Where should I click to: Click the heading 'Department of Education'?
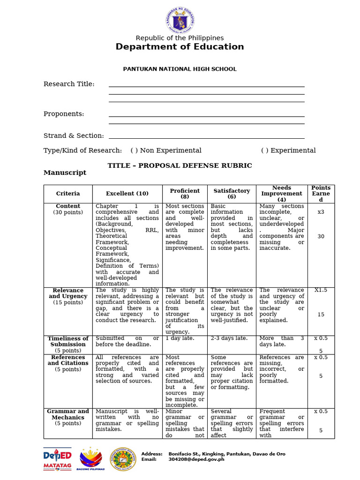click(180, 47)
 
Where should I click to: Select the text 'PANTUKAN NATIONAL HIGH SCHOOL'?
click(180, 69)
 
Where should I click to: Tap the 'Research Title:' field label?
click(69, 84)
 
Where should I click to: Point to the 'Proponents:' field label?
click(64, 114)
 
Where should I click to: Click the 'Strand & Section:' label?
click(74, 136)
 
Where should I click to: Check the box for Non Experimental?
click(134, 150)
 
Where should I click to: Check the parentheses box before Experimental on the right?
click(265, 150)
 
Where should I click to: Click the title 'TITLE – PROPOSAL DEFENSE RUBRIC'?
click(180, 166)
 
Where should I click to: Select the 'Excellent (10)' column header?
click(127, 194)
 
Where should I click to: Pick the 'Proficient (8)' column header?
click(185, 194)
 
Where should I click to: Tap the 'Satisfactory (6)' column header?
click(232, 194)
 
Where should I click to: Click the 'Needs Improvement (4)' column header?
click(281, 194)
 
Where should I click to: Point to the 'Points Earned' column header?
click(321, 194)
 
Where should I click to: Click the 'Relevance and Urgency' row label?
click(68, 293)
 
